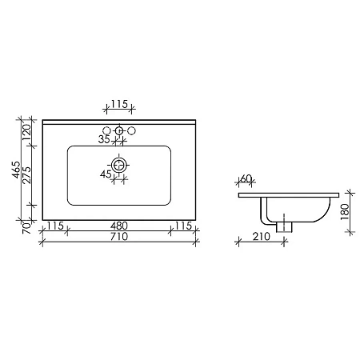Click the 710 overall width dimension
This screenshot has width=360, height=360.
(x=119, y=238)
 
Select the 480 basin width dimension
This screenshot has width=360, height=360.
(x=119, y=226)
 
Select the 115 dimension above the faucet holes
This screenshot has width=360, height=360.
(x=119, y=105)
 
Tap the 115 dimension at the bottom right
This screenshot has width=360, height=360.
(x=182, y=226)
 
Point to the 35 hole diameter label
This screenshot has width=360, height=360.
(x=103, y=139)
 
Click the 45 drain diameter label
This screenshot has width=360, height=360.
(x=105, y=174)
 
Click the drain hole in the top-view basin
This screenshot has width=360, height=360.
(x=119, y=165)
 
